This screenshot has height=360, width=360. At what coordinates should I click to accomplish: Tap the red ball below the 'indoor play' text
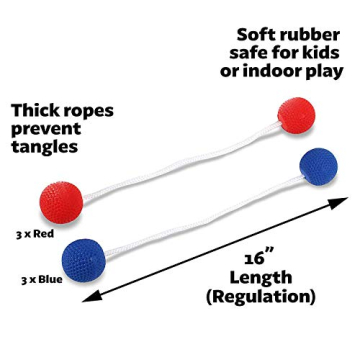297,116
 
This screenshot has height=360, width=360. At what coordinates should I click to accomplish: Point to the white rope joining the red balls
180,160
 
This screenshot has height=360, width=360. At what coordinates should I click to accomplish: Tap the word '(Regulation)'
260,297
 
